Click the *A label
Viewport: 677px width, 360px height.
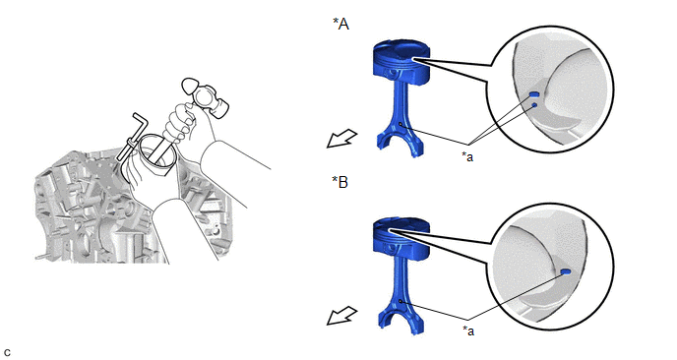[340, 24]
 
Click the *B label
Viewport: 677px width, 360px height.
[339, 182]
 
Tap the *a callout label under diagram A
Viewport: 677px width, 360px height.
[467, 156]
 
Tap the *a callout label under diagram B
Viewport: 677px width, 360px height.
[468, 330]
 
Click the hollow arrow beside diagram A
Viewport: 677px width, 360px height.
[341, 139]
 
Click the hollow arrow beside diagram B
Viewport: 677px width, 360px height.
[341, 316]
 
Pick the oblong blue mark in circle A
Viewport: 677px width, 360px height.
[534, 94]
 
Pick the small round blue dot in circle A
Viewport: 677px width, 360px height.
[534, 105]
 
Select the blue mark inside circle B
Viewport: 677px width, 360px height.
[566, 271]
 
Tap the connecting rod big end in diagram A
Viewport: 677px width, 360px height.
[399, 143]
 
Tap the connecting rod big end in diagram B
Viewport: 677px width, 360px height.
[400, 320]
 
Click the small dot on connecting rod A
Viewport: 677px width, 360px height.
[400, 124]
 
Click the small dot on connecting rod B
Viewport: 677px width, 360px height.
[400, 301]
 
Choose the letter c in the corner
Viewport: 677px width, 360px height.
[7, 353]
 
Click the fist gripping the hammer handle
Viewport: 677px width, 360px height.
[180, 123]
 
